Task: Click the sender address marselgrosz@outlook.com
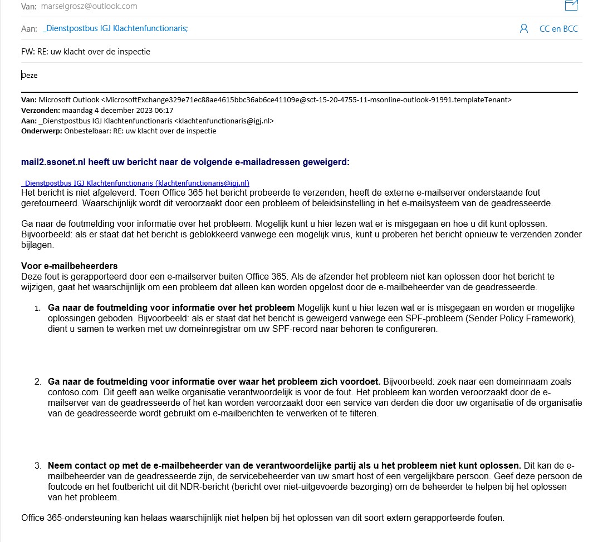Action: point(89,7)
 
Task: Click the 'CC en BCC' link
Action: point(558,29)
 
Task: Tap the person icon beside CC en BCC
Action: point(523,29)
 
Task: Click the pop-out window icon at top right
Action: point(571,6)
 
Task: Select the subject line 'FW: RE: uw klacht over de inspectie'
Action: point(86,52)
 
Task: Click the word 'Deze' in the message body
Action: point(30,75)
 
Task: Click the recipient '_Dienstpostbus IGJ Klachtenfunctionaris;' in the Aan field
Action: point(115,28)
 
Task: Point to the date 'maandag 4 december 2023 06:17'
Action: point(118,111)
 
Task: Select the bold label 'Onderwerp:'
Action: point(41,131)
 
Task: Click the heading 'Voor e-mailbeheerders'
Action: point(70,266)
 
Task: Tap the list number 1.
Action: point(37,308)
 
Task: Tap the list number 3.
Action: point(38,466)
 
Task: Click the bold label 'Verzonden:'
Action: point(41,111)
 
